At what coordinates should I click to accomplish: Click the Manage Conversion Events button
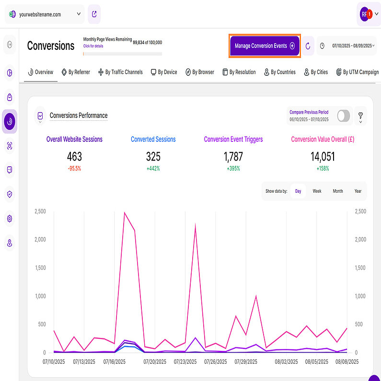click(x=265, y=46)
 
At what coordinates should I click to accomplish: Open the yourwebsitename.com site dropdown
click(x=45, y=14)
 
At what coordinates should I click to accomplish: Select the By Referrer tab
click(x=76, y=72)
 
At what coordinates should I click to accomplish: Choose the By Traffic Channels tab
click(x=120, y=72)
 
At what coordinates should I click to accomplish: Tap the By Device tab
click(x=164, y=72)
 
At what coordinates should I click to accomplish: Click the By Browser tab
click(x=201, y=72)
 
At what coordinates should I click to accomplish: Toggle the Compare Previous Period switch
click(x=343, y=116)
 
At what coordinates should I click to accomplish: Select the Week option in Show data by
click(x=317, y=191)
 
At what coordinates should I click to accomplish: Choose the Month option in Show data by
click(x=338, y=191)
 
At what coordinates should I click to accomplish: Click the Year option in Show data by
click(x=358, y=191)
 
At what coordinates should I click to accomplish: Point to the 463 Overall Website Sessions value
click(x=74, y=157)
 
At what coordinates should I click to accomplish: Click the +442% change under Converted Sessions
click(x=153, y=169)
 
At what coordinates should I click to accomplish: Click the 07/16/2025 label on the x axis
click(x=115, y=361)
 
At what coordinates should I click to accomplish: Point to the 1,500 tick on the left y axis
click(x=40, y=267)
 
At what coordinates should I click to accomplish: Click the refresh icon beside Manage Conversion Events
click(x=308, y=46)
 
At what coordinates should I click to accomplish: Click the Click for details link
click(x=92, y=46)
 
